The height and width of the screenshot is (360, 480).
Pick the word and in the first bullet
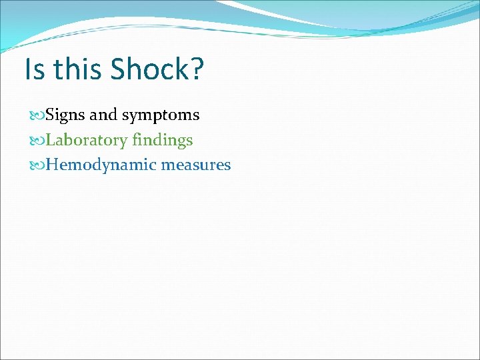(x=103, y=115)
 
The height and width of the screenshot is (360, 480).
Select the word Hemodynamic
(x=100, y=165)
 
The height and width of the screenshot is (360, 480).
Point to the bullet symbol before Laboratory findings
(x=38, y=141)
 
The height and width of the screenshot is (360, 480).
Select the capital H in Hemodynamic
(x=53, y=165)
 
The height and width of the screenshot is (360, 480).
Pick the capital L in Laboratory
(x=51, y=140)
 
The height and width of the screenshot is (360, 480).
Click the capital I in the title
(x=27, y=69)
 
